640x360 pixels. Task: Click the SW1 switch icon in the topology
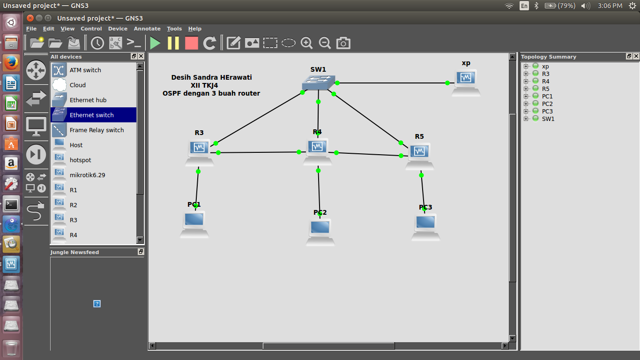click(319, 83)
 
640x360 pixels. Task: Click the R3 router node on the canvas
click(200, 151)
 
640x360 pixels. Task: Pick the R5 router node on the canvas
click(419, 154)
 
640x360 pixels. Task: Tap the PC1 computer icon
click(194, 223)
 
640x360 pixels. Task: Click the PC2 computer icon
click(320, 231)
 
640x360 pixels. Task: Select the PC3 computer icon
click(425, 225)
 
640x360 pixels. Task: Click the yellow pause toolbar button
click(173, 43)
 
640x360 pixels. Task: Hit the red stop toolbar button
click(192, 43)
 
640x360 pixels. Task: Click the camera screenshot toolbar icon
click(343, 43)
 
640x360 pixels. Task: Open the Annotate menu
click(147, 29)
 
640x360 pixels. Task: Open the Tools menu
click(174, 29)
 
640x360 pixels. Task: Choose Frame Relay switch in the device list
click(97, 130)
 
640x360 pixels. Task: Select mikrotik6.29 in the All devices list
click(87, 175)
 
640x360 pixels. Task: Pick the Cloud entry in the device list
click(78, 85)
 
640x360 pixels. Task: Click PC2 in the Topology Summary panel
click(547, 104)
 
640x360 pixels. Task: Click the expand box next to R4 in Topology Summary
click(526, 81)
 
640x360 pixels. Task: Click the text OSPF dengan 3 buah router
click(211, 93)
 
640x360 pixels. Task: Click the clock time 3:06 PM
click(610, 6)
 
